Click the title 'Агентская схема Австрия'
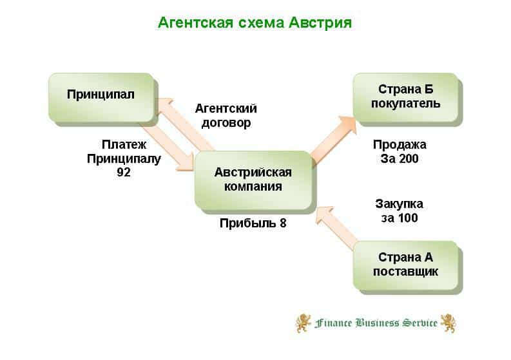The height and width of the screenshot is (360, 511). click(255, 23)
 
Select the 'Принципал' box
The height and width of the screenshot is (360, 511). click(101, 95)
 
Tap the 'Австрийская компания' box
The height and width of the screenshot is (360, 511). click(253, 180)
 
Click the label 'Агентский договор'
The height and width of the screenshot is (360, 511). click(226, 115)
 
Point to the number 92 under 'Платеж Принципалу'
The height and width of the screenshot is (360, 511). click(124, 172)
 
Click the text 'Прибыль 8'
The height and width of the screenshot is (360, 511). click(253, 223)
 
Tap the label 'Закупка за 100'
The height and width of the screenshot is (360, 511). click(400, 211)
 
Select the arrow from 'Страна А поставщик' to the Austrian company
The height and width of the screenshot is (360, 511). click(336, 226)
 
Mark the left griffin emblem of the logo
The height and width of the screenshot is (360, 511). click(303, 323)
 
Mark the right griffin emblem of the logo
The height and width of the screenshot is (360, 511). click(447, 323)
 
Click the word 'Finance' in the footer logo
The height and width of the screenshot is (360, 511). click(334, 323)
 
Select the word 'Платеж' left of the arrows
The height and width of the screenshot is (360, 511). click(124, 145)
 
